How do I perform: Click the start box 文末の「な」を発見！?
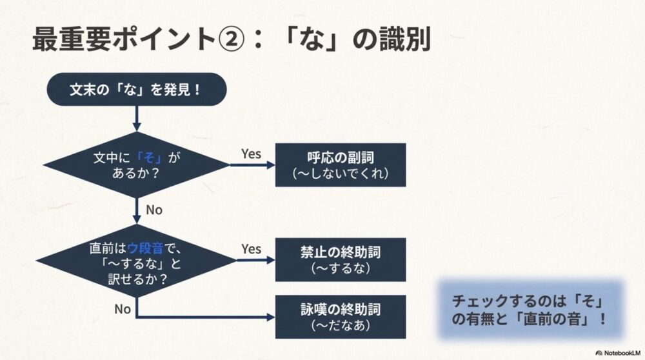click(x=136, y=89)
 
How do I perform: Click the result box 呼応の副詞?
click(x=341, y=165)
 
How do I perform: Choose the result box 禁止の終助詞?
click(x=341, y=259)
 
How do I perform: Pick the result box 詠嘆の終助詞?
click(x=341, y=316)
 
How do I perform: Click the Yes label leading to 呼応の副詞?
click(x=251, y=154)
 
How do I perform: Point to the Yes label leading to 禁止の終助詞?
click(x=251, y=248)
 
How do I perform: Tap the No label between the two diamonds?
click(x=154, y=210)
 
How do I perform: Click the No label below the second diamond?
click(x=123, y=308)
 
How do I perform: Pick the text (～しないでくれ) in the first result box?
click(x=341, y=174)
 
